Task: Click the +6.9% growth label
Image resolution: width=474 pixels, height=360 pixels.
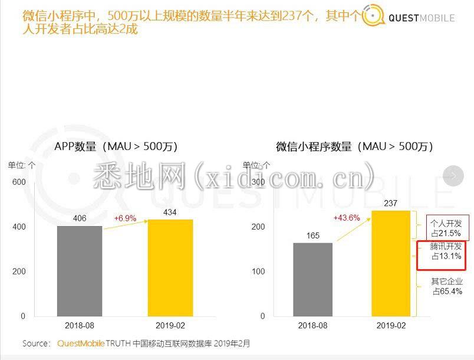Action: [x=125, y=218]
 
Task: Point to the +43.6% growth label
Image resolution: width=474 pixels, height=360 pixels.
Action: [x=347, y=218]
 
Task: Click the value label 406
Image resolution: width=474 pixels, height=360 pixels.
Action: [x=80, y=218]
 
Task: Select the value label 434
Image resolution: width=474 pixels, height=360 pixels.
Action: [x=170, y=211]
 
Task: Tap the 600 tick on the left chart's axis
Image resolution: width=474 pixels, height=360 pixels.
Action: [x=19, y=182]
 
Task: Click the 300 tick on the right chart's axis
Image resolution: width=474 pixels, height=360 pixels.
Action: [x=258, y=182]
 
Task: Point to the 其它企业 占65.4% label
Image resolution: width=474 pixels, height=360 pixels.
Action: [x=446, y=287]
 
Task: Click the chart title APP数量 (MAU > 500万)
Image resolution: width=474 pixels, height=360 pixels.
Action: [x=116, y=146]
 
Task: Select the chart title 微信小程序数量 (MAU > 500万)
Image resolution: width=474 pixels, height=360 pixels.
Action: [x=354, y=146]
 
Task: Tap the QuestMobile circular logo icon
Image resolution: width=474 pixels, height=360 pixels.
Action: [x=373, y=17]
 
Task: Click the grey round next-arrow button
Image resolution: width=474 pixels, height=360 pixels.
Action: [x=453, y=175]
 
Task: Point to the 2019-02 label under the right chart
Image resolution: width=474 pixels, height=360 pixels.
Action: [x=390, y=326]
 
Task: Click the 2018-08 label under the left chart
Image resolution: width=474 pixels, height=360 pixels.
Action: [x=80, y=326]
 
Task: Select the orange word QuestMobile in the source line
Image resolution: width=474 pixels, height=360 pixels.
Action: [x=81, y=343]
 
